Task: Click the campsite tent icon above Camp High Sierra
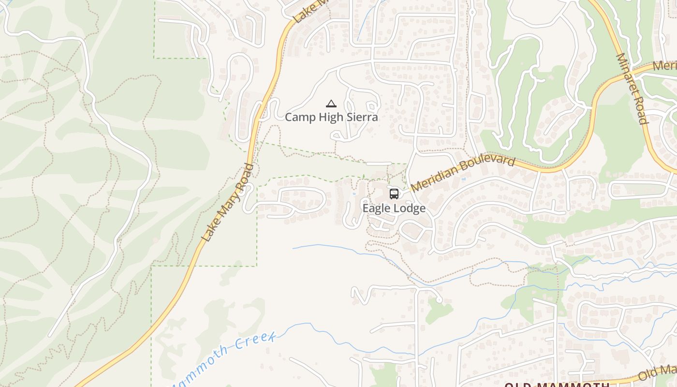(331, 104)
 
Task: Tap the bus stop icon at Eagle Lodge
(394, 194)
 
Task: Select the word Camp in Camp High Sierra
(298, 117)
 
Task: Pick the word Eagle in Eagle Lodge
(378, 208)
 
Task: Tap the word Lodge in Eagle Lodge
(411, 208)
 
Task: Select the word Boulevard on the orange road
(487, 163)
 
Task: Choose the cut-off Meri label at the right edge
(665, 66)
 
